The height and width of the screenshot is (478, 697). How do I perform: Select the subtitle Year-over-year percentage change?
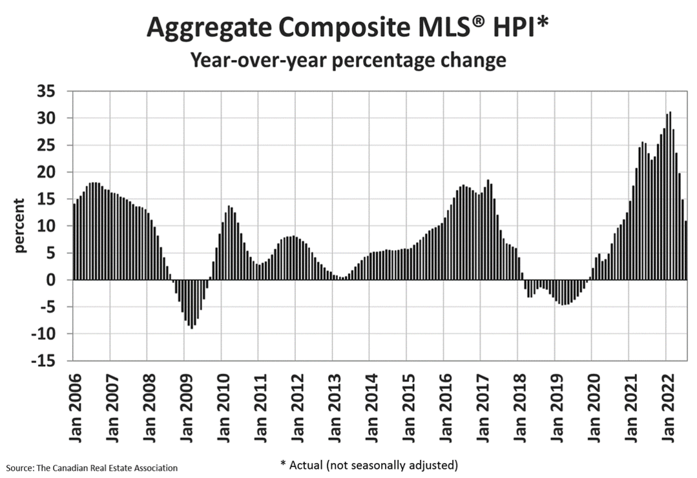pos(348,61)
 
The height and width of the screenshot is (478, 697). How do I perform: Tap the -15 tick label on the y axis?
pos(51,361)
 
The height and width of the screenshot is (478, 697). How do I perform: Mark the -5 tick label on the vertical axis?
pos(54,307)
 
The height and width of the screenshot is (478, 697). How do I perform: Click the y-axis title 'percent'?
pos(21,225)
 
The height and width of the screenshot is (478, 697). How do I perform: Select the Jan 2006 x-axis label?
pos(74,406)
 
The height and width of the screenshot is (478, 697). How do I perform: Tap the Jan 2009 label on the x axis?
pos(185,406)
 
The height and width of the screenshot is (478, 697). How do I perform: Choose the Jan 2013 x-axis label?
pos(333,406)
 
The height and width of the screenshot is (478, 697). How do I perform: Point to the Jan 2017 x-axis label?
pos(481,406)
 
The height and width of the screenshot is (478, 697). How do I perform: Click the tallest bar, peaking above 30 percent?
pos(670,194)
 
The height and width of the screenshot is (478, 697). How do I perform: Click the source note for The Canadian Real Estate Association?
pos(92,467)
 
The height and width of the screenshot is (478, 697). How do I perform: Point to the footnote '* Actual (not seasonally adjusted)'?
pos(369,464)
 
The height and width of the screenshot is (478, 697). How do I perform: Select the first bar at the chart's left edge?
pos(75,242)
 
